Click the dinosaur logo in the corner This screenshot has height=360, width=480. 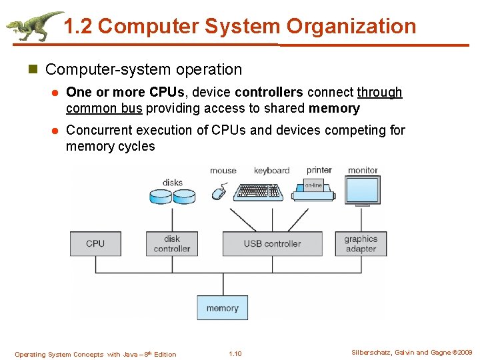point(33,25)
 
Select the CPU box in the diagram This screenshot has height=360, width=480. point(95,243)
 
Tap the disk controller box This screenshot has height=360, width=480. point(172,243)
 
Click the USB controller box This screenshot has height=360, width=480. point(272,243)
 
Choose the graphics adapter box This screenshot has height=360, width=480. point(361,243)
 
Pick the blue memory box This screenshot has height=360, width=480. point(222,308)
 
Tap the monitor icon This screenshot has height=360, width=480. point(363,190)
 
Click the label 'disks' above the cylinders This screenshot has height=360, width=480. point(172,183)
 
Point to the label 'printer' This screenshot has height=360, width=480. point(319,171)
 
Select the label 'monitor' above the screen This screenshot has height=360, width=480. point(363,171)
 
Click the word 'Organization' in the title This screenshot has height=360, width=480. point(351,27)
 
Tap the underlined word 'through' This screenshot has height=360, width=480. point(380,92)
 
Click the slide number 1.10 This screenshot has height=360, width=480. point(235,354)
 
